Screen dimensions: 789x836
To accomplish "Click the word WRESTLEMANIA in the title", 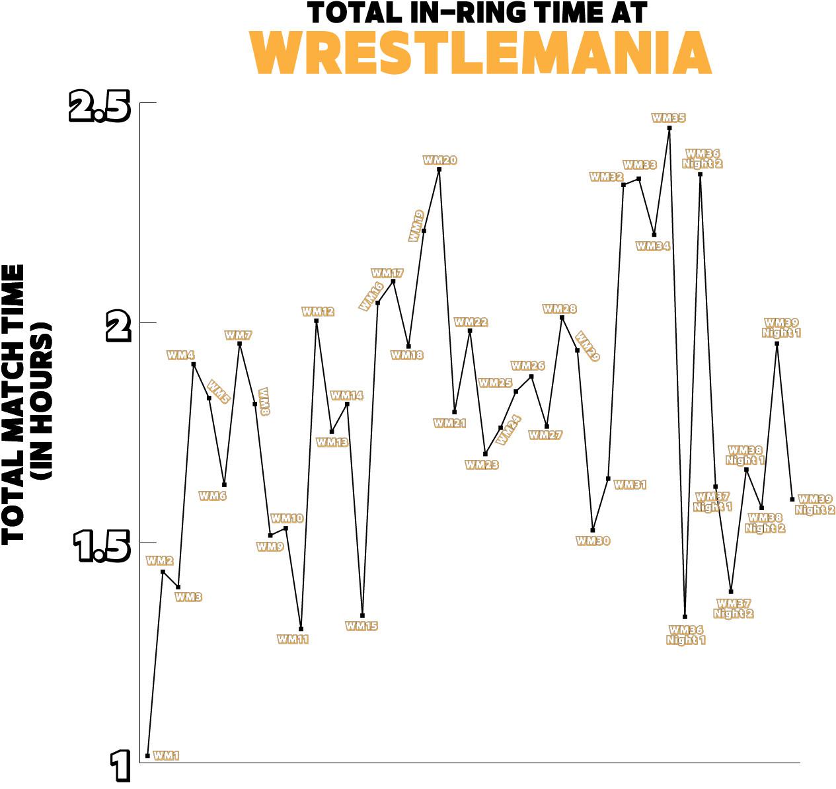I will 482,52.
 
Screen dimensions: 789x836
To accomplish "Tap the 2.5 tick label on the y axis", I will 99,108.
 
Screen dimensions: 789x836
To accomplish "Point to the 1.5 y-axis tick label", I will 101,548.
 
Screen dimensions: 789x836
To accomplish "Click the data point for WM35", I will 669,128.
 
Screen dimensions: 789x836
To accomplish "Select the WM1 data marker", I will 147,755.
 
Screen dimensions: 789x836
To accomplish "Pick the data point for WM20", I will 439,170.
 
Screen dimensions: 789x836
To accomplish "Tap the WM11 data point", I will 301,629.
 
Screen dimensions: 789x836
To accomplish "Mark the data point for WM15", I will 362,615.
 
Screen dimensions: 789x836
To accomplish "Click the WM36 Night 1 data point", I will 685,617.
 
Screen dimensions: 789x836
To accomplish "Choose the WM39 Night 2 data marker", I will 792,499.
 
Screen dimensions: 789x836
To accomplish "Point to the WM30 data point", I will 593,530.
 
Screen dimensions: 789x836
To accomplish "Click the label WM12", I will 318,311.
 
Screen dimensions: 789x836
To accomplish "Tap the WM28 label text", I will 559,309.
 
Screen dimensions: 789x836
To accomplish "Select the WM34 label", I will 653,246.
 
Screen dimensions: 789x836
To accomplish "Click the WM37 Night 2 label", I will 734,609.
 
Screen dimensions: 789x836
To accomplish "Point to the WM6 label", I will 213,496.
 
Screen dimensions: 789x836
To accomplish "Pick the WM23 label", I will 482,465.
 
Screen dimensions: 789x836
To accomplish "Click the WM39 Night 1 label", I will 781,328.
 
